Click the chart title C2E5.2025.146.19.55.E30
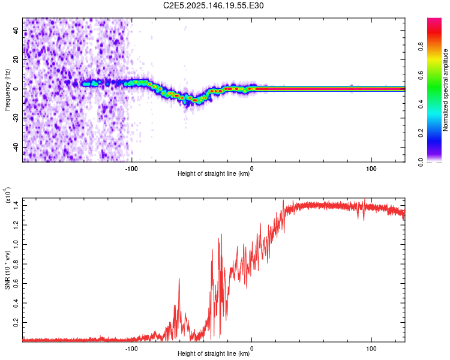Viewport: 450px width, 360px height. coord(213,5)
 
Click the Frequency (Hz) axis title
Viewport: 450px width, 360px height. coord(7,90)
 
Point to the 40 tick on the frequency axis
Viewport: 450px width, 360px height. coord(16,30)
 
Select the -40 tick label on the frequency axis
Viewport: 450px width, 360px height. coord(16,148)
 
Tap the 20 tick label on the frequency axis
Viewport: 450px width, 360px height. coord(16,59)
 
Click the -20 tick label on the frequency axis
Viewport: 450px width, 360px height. coord(16,118)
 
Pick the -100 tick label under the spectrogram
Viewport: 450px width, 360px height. coord(131,169)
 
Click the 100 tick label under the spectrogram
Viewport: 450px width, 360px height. coord(371,169)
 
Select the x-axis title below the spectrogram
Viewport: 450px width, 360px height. coord(214,173)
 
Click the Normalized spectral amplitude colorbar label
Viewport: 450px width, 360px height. coord(445,90)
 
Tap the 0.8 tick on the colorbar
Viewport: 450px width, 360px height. coord(421,46)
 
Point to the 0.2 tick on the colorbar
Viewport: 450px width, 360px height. coord(421,133)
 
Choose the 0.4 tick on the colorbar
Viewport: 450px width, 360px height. coord(421,104)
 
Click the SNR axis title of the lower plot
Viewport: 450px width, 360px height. coord(7,270)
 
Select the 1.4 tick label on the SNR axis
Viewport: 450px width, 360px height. coord(16,206)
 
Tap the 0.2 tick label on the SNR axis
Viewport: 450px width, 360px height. coord(16,322)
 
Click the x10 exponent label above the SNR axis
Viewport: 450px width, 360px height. coord(8,195)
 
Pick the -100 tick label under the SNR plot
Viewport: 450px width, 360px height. coord(131,349)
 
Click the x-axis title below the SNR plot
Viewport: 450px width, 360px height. coord(214,353)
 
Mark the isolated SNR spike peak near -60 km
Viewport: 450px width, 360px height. coord(179,278)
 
